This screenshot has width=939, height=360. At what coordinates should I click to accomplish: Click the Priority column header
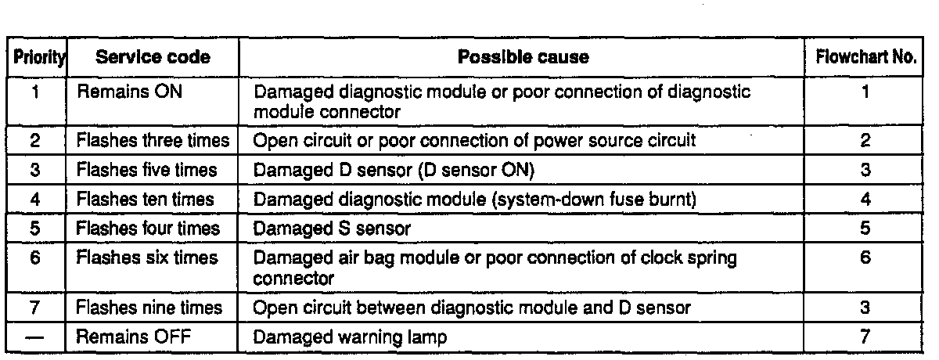tap(36, 58)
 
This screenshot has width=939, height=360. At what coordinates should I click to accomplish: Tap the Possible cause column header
tap(523, 58)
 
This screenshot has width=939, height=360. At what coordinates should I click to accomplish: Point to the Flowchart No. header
tap(865, 58)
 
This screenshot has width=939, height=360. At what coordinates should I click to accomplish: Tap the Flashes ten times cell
tap(143, 200)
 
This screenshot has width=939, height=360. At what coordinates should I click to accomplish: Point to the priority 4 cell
tap(36, 200)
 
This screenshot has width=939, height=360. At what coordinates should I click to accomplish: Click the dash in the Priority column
tap(36, 337)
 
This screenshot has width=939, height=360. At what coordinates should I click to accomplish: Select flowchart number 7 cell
tap(865, 337)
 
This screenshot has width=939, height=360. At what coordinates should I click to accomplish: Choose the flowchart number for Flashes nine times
tap(865, 308)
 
